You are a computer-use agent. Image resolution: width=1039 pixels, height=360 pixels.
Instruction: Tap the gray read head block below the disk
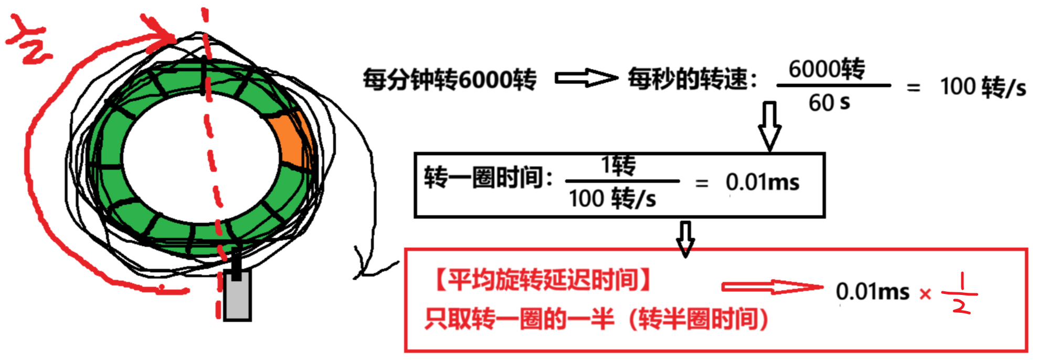pos(237,297)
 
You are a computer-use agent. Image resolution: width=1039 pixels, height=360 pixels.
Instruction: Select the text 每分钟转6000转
pos(450,80)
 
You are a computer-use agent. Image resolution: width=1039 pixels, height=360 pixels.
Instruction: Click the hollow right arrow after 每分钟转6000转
pos(586,79)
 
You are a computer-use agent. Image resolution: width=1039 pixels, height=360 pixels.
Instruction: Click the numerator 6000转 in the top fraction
pos(826,69)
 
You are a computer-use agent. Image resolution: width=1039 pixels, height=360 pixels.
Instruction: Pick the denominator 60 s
pos(829,103)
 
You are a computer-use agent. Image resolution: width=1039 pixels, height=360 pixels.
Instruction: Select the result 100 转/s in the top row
pos(982,87)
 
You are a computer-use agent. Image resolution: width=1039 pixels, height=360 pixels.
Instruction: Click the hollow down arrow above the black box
pos(769,126)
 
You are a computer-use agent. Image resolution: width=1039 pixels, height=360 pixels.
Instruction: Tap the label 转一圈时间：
pos(488,178)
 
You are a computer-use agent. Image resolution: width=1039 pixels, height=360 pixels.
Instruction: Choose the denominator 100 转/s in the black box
pos(612,199)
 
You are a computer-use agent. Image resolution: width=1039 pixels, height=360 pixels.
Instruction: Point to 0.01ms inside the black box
pos(762,183)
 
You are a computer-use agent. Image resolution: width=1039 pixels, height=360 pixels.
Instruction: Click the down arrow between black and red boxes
pos(685,239)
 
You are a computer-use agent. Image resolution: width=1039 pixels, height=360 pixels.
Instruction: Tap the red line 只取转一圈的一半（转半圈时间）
pos(596,319)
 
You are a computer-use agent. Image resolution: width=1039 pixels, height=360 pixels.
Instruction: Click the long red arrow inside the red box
pos(771,287)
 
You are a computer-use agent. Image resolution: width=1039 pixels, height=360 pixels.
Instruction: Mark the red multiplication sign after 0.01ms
pos(925,294)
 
